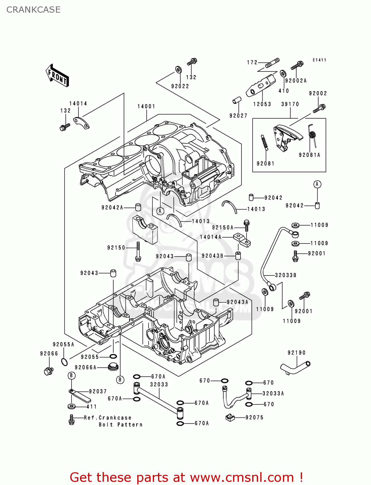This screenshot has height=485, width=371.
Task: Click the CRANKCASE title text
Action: point(33,10)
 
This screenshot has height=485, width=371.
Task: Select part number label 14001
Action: point(146,106)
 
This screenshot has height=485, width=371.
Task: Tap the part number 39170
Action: point(290,104)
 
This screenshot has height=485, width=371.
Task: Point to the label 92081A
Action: point(309,155)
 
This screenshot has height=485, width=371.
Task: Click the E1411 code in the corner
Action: point(319,60)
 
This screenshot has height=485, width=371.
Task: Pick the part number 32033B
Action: point(286,275)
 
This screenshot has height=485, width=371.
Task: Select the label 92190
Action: point(297,353)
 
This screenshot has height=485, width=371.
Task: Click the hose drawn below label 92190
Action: point(295,367)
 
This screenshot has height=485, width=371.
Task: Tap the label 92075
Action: point(254,417)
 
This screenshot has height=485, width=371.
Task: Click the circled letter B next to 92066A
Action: point(120,380)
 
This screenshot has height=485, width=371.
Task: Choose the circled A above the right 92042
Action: point(317,184)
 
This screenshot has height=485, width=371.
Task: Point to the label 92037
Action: point(98,392)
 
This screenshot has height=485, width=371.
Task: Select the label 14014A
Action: point(211,237)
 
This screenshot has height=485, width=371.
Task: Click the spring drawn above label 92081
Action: point(264,143)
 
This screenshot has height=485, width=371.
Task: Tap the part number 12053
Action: point(262,104)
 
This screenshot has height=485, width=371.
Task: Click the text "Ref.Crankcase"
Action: point(107,418)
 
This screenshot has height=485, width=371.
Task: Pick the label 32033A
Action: point(273,393)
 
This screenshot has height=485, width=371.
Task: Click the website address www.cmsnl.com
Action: point(242,477)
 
